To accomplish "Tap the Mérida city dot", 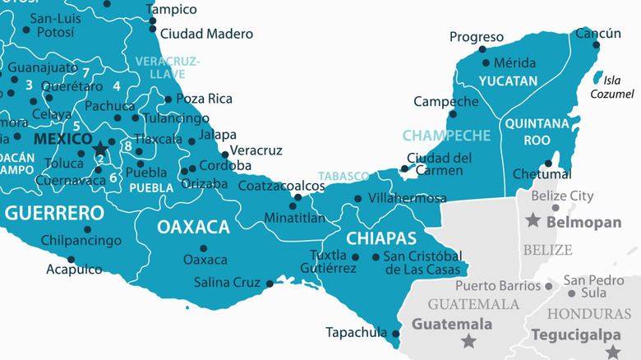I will [486, 62].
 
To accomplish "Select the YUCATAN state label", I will [508, 81].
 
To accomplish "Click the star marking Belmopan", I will [533, 220].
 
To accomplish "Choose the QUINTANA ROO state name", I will [536, 132].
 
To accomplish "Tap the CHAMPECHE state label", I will [446, 135].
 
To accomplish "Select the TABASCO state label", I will [344, 176].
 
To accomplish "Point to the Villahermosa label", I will [408, 198].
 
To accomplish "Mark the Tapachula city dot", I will [395, 334].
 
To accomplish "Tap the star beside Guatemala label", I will [468, 340].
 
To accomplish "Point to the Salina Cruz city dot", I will [270, 284].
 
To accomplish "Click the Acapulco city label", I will [74, 270].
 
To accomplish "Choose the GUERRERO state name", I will [54, 214].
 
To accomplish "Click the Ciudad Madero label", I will [206, 34].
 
